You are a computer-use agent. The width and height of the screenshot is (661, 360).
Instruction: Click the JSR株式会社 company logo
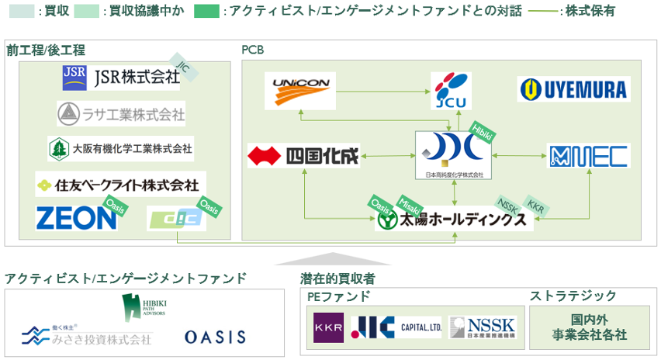coord(120,77)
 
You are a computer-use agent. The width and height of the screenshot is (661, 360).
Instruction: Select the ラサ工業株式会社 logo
coord(121,115)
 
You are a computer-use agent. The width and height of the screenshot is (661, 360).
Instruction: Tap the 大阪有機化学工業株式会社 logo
coord(121,147)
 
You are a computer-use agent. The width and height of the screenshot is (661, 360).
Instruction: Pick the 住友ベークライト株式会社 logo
coord(120,185)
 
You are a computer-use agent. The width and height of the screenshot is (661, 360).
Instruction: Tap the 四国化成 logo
coord(303,156)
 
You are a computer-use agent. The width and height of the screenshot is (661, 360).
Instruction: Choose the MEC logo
coord(589,156)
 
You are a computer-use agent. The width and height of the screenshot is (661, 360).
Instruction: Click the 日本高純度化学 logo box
coord(449,155)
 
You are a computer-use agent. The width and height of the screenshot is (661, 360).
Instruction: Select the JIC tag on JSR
coord(183,68)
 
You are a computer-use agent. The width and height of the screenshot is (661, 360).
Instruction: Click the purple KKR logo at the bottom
coord(328,328)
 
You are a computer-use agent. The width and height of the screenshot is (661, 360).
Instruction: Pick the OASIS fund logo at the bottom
coord(215,337)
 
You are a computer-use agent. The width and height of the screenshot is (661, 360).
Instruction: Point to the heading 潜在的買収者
coord(337,278)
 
